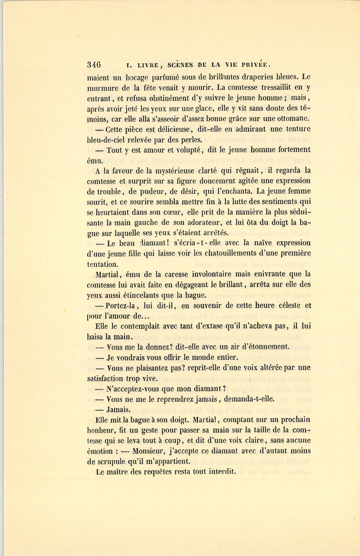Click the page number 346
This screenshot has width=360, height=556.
click(94, 65)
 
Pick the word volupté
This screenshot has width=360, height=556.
click(185, 150)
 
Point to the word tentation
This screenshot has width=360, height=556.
click(102, 264)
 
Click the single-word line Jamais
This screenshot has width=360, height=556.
click(118, 410)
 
